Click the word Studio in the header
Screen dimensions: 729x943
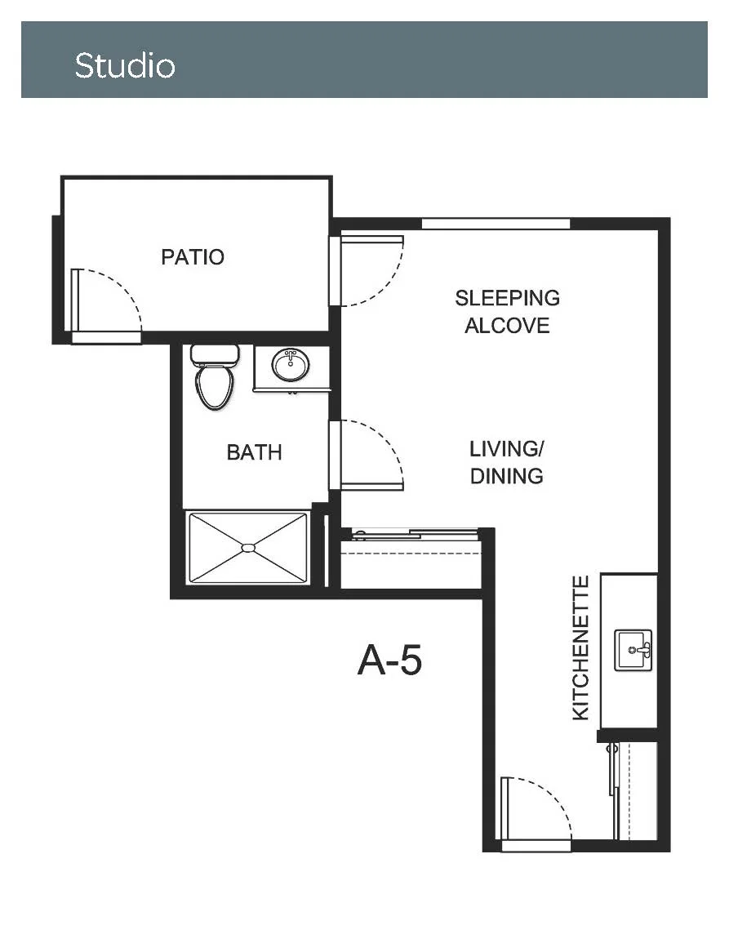click(125, 65)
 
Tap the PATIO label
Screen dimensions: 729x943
click(193, 257)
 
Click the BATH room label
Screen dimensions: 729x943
click(255, 451)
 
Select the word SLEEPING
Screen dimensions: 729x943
click(507, 298)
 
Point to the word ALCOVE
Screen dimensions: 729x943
click(507, 326)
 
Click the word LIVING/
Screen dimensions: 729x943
click(506, 449)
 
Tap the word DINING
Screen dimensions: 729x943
click(506, 476)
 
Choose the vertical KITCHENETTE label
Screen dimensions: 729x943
click(580, 647)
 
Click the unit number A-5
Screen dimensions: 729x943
click(389, 660)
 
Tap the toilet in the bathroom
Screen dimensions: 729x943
click(214, 378)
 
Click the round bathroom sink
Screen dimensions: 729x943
click(291, 364)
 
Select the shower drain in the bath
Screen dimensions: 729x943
click(248, 547)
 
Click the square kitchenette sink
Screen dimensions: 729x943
click(633, 650)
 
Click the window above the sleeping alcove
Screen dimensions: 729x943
click(496, 224)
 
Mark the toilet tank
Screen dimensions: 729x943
click(214, 354)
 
